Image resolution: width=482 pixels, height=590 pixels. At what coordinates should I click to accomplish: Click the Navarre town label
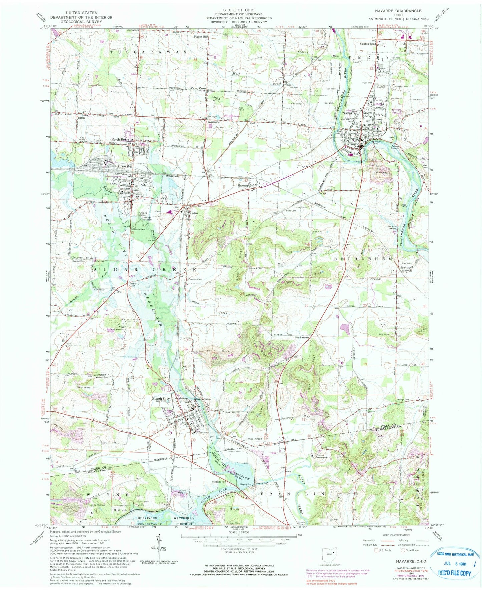coord(349,113)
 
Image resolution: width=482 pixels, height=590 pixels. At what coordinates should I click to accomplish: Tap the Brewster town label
coord(125,166)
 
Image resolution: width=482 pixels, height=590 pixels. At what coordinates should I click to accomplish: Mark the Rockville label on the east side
coord(406,271)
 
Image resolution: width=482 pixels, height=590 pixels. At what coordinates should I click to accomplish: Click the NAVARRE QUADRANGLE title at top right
coord(404,11)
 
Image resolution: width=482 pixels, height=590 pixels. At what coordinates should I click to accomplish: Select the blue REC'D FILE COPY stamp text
coord(453,573)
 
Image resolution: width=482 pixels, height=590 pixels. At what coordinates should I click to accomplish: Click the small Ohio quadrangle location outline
coord(332,554)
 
